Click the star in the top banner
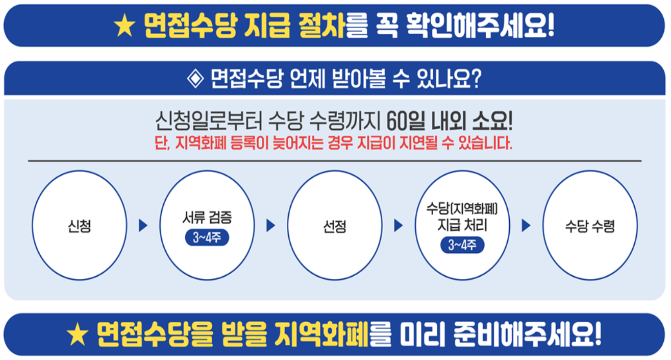tap(124, 26)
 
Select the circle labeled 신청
tap(79, 225)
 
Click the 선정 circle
tap(334, 225)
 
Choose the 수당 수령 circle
tap(589, 225)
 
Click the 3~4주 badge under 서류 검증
tap(207, 238)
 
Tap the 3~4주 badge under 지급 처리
tap(462, 245)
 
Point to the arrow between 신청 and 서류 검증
tap(143, 225)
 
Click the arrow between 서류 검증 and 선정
tap(270, 225)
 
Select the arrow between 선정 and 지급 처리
tap(398, 225)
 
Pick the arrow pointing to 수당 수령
tap(526, 225)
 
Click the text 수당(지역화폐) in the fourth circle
tap(462, 208)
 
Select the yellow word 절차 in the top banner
tap(319, 26)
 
